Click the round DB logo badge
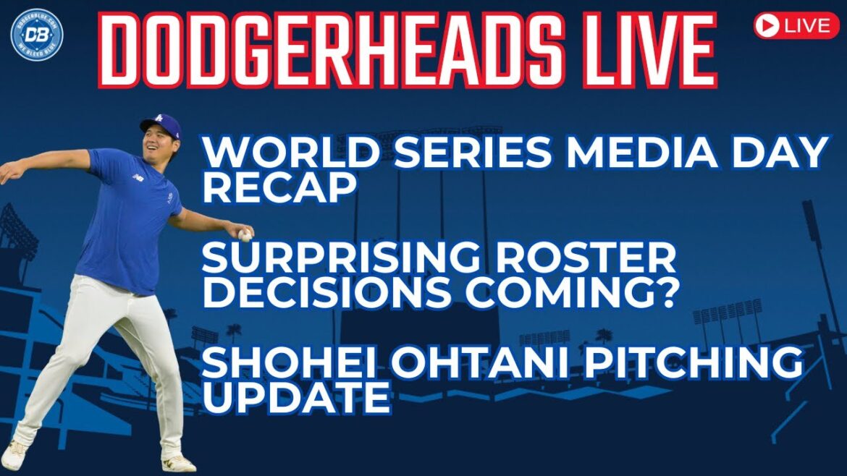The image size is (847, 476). (37, 34)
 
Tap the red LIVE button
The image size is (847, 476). (796, 26)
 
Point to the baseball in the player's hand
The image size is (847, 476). (245, 234)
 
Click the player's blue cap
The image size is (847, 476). (162, 123)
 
